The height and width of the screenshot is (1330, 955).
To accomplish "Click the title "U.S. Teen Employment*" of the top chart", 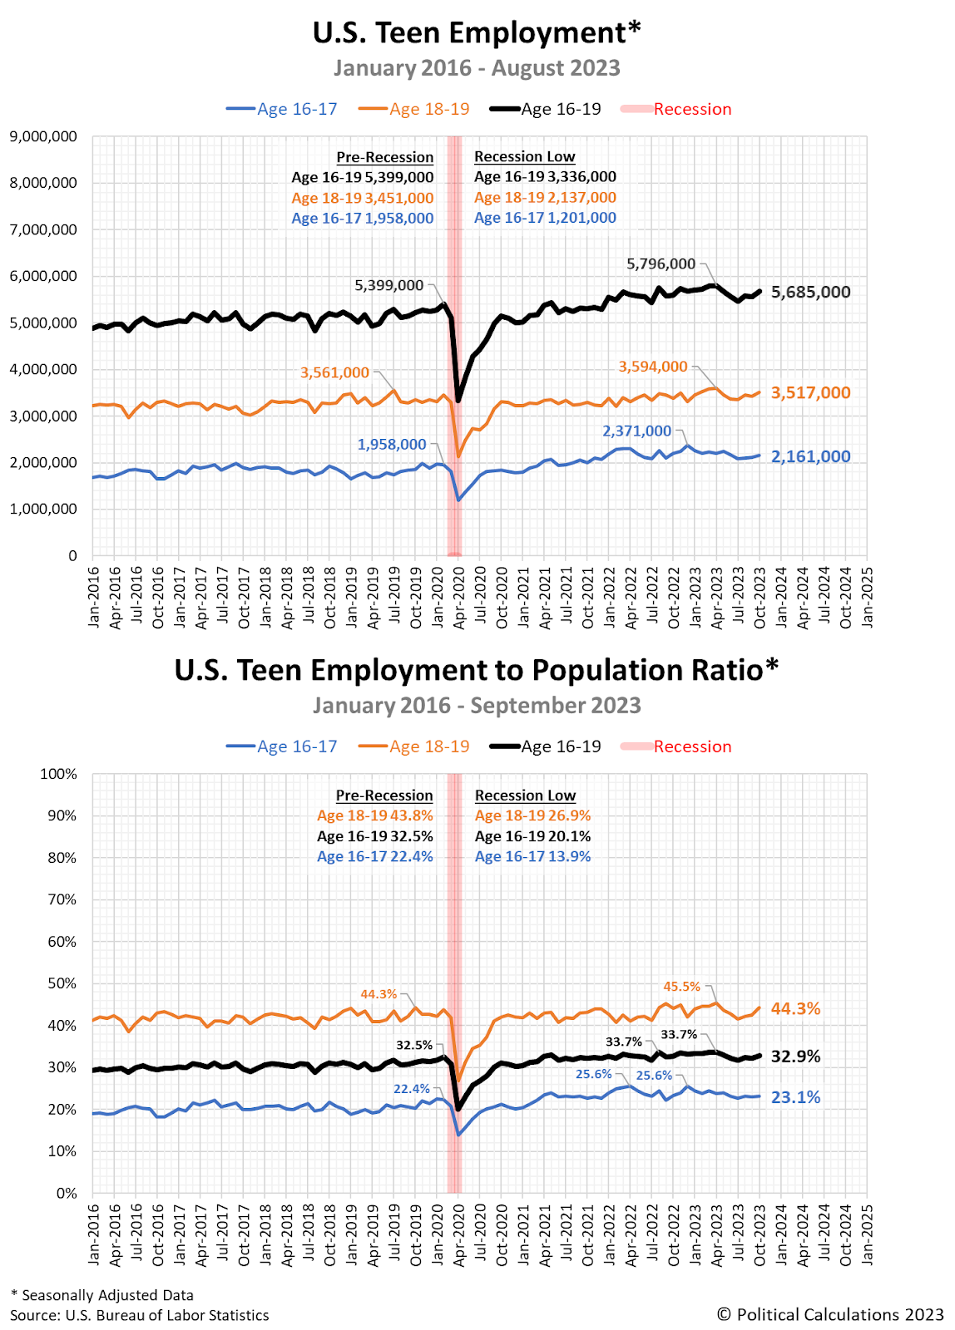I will (x=477, y=33).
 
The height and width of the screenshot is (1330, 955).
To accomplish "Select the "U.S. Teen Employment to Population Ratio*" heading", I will (x=477, y=670).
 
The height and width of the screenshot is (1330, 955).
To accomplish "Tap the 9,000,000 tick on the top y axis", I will (x=43, y=136).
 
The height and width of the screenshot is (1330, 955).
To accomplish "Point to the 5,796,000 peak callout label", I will (x=661, y=264).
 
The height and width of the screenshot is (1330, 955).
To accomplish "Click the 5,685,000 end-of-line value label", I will (x=810, y=292).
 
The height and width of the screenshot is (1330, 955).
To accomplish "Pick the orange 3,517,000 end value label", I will (x=810, y=392).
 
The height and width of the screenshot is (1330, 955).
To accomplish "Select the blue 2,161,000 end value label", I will (x=810, y=456).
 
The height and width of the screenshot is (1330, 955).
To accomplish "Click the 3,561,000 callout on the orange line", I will (x=334, y=372).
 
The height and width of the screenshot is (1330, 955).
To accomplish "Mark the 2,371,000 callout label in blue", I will (x=636, y=431).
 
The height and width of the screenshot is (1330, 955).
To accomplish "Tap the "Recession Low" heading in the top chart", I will (x=524, y=156).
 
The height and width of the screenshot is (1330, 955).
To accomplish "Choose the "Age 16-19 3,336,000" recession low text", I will (x=545, y=176).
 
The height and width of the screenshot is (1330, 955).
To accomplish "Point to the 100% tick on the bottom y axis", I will (x=58, y=774).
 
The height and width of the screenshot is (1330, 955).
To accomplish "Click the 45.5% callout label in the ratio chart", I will (x=681, y=987).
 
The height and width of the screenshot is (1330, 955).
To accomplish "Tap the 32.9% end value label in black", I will (x=795, y=1057).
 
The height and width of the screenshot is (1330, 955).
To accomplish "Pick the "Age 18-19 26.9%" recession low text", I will (x=532, y=815).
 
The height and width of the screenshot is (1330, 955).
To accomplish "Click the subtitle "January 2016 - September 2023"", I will (x=477, y=706).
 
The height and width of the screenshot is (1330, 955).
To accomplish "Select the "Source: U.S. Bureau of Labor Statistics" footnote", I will (x=140, y=1315).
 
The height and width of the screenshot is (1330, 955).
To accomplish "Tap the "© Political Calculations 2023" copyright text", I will (x=830, y=1314).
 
